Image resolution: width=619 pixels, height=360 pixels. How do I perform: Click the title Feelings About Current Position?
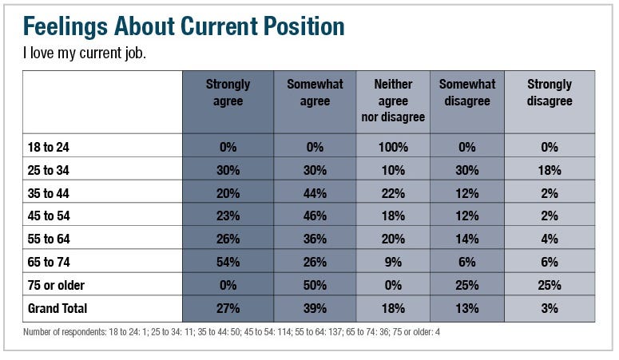184,26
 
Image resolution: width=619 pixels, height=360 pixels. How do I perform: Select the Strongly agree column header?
228,93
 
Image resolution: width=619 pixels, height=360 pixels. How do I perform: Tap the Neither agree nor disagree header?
392,101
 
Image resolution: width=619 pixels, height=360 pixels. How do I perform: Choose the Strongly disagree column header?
550,93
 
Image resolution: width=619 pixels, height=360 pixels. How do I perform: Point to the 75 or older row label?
56,285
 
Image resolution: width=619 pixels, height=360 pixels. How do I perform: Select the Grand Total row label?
58,308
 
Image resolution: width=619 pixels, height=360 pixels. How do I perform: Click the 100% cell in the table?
392,147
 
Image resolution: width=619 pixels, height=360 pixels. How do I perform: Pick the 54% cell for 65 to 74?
228,262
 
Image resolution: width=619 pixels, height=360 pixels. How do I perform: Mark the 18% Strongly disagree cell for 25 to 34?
550,170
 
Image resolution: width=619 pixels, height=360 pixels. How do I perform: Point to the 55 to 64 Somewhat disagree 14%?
467,239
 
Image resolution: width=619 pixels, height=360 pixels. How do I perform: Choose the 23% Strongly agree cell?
228,216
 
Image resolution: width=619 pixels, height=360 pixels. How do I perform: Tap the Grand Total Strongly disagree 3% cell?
550,308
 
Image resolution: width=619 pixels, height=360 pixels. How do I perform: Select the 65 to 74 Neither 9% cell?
392,262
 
